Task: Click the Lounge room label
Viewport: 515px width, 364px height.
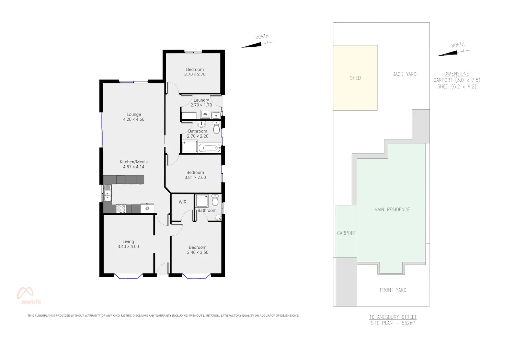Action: [x=134, y=114]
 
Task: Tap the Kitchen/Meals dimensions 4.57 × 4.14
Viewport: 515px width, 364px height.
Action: [x=134, y=167]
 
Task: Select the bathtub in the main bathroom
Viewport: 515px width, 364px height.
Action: [x=210, y=148]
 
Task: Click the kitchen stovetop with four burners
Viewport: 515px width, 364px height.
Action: [x=121, y=209]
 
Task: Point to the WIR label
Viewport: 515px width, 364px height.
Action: [x=183, y=202]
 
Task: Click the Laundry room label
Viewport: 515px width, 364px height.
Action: [x=201, y=100]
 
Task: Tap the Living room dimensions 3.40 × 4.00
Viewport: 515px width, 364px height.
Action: [x=128, y=247]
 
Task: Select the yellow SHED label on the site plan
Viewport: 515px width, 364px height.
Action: [x=355, y=78]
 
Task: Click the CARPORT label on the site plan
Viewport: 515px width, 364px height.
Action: [x=346, y=233]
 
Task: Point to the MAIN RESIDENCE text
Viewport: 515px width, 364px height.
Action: [x=392, y=210]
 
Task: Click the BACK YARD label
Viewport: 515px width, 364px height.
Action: [x=404, y=74]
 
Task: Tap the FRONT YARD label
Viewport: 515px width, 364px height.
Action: [x=393, y=290]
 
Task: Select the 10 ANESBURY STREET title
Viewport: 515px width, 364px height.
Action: [x=393, y=317]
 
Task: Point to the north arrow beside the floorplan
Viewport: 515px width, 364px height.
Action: [x=257, y=44]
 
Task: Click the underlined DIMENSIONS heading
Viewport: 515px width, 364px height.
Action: [x=457, y=74]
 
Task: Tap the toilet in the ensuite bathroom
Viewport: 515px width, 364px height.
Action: [x=215, y=200]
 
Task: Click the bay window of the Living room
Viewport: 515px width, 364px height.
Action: [x=128, y=276]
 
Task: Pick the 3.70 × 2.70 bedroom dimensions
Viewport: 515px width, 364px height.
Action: [x=195, y=74]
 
